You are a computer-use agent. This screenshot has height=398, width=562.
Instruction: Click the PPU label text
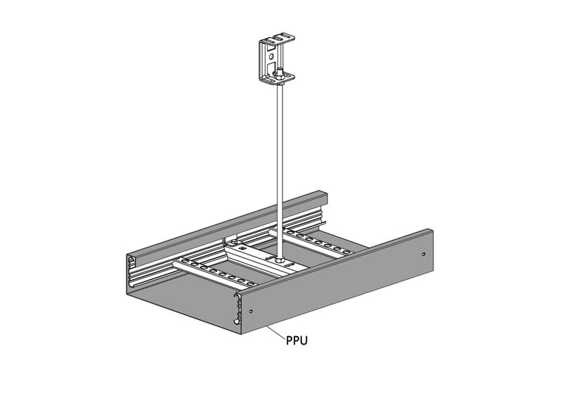pos(296,340)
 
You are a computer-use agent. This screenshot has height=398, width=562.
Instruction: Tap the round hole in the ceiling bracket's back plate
pos(271,56)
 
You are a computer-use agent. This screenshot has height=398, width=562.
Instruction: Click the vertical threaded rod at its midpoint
pos(280,169)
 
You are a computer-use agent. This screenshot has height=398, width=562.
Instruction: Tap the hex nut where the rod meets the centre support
pos(280,258)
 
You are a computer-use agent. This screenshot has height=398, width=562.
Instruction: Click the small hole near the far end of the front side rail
pos(424,254)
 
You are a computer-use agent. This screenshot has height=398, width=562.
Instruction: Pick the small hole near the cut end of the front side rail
pos(251,311)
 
